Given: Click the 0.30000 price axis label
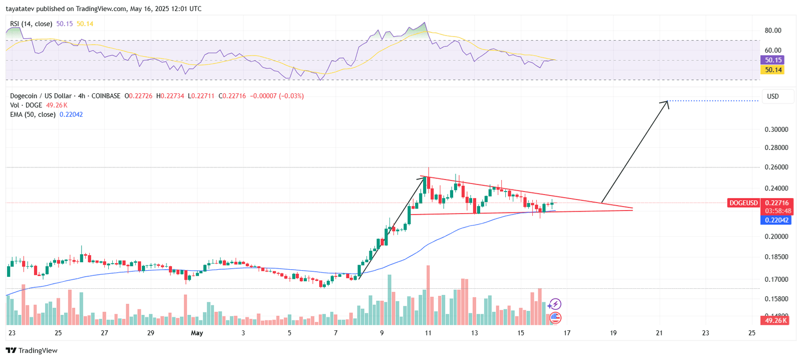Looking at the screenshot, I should [776, 129].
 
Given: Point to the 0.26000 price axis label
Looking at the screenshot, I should [776, 167].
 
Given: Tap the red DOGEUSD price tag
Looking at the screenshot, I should [743, 203].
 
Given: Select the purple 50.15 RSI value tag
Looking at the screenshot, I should [773, 60].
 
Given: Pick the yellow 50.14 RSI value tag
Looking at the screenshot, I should [773, 70].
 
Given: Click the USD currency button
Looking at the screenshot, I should [773, 96].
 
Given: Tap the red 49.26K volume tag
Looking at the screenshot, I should [774, 320].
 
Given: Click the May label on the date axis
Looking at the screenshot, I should [197, 333].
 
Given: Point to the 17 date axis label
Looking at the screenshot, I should [567, 333].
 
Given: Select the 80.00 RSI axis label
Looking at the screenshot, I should [772, 31].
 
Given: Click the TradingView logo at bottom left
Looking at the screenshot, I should [32, 350].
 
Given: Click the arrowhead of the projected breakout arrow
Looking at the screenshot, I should [667, 102].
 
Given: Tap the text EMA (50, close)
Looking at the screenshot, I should [33, 115].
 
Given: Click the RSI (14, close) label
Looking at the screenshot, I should [31, 24].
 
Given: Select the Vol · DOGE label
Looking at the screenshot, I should [26, 105].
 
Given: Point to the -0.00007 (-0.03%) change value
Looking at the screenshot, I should [277, 96].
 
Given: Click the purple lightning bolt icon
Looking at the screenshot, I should [554, 304].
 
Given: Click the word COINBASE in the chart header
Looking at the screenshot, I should [106, 96].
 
